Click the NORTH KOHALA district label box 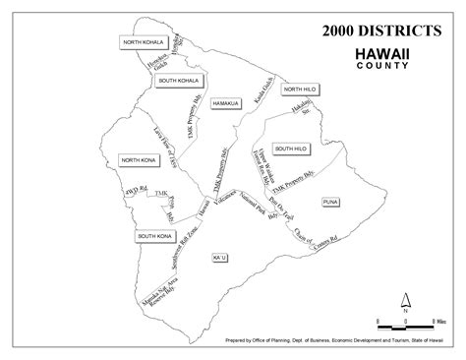(142, 44)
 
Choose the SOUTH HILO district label (294, 149)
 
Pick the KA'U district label (218, 257)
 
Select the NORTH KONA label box (139, 159)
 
